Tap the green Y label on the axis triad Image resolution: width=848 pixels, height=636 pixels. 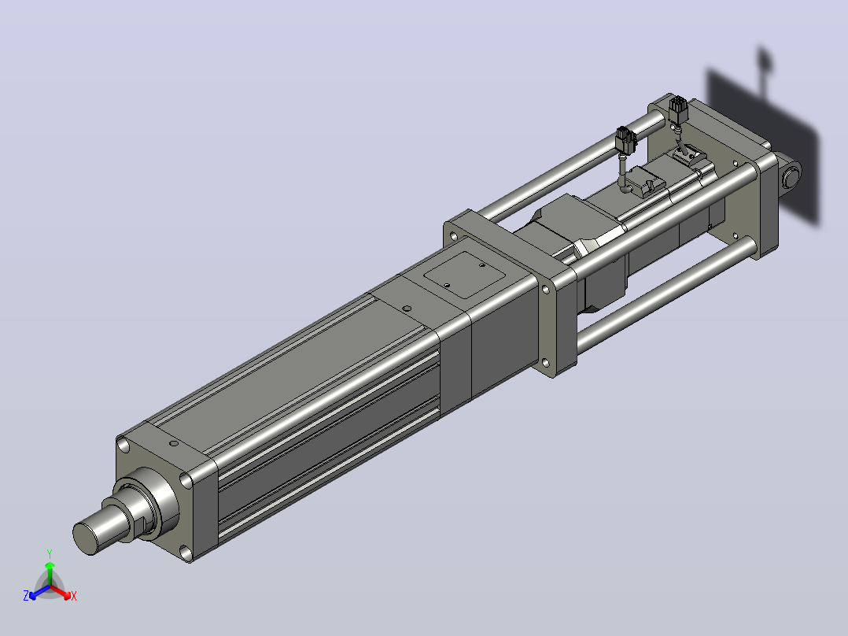tap(50, 553)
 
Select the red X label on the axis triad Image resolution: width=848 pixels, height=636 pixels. tap(74, 596)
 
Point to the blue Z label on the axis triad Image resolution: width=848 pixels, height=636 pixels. tap(26, 595)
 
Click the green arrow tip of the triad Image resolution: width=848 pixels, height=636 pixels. tap(50, 565)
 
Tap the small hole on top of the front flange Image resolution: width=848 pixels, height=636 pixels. tap(174, 443)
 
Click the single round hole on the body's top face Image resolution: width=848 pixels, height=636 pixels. tap(407, 309)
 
